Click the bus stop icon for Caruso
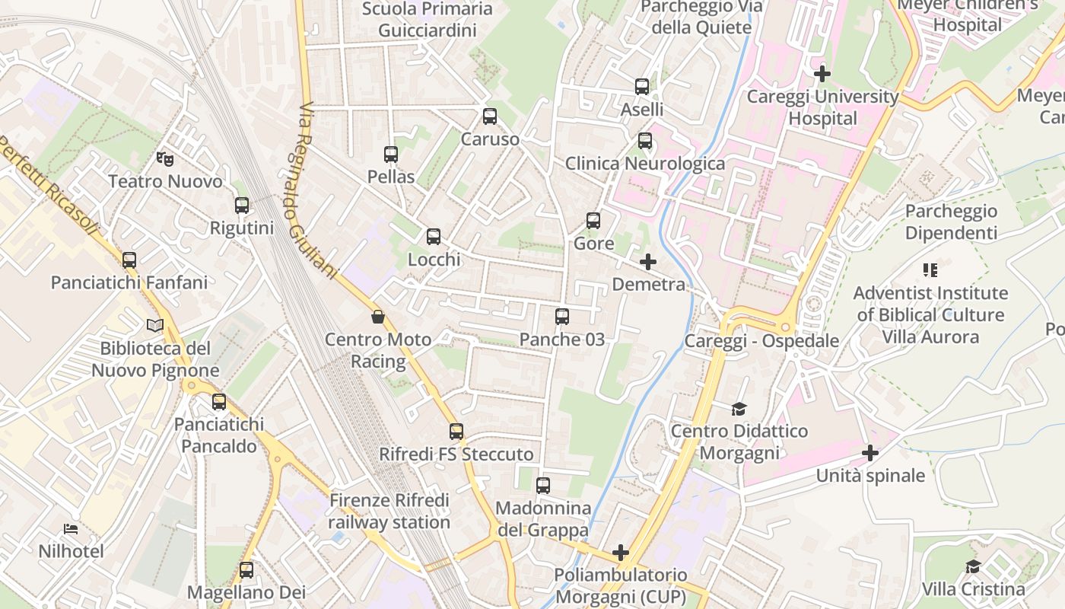tap(490, 116)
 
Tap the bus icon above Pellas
tap(391, 155)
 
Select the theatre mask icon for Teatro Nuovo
tap(165, 158)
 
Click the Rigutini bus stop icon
tap(242, 206)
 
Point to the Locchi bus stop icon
tap(434, 237)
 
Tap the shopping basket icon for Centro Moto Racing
tap(378, 317)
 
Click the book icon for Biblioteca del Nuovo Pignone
tap(155, 326)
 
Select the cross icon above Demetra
tap(648, 262)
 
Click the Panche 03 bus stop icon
tap(562, 317)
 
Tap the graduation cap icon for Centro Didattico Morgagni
tap(739, 409)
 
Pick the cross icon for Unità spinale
tap(870, 454)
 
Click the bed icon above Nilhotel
tap(72, 528)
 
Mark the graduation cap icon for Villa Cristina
tap(973, 566)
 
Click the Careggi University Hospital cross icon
tap(822, 74)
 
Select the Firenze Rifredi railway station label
tap(389, 512)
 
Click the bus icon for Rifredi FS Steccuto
tap(456, 432)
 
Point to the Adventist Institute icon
tap(930, 270)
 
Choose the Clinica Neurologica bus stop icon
tap(645, 141)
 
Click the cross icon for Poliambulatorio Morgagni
tap(621, 552)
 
